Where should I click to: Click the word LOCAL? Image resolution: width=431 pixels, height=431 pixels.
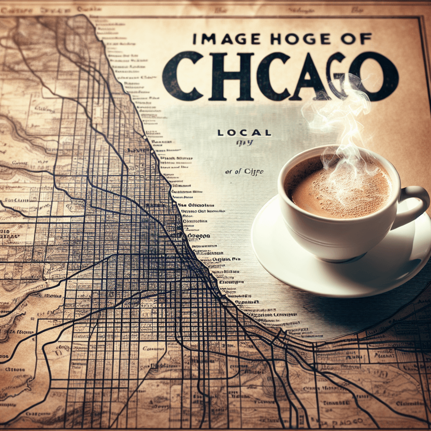click(x=245, y=133)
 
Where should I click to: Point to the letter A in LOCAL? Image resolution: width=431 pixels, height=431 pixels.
click(x=258, y=133)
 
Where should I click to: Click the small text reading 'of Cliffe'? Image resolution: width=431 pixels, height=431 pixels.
click(x=244, y=171)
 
